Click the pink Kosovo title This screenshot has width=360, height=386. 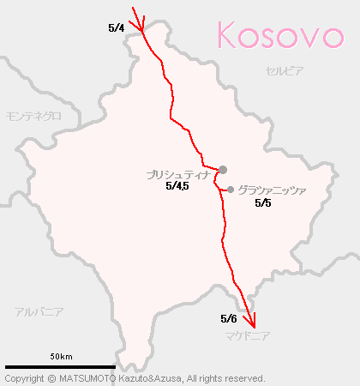click(x=280, y=35)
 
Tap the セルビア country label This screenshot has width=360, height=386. click(x=285, y=71)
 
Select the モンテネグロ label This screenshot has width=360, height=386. click(x=33, y=115)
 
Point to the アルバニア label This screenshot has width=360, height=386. click(x=39, y=312)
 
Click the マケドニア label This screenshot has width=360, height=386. click(x=249, y=336)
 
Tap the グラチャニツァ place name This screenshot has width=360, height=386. click(x=271, y=190)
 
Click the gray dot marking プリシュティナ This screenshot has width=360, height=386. click(x=223, y=170)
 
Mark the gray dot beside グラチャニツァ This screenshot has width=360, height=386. click(x=231, y=190)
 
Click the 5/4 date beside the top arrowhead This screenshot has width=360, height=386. click(x=117, y=28)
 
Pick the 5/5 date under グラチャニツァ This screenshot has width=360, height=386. click(x=263, y=203)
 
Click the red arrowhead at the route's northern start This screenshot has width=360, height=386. click(x=140, y=19)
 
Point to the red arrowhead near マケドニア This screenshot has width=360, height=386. click(x=249, y=320)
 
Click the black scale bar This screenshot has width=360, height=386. click(x=60, y=367)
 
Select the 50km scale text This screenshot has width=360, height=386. click(x=60, y=356)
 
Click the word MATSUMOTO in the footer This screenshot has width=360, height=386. click(x=87, y=378)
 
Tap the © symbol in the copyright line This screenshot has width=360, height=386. click(x=52, y=378)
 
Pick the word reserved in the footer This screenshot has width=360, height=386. click(x=243, y=378)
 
